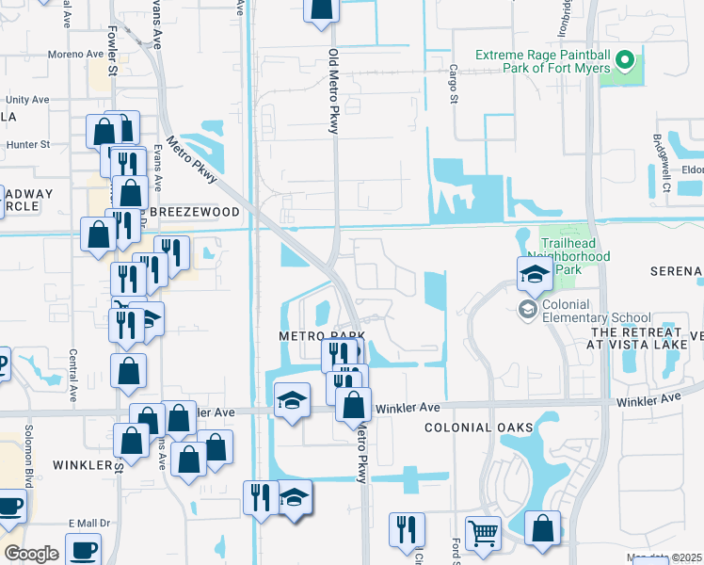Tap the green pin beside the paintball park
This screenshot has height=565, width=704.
point(623,63)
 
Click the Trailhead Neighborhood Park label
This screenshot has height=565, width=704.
point(574,249)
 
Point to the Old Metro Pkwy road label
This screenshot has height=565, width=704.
point(332,91)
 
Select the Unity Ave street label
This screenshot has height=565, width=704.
point(27,100)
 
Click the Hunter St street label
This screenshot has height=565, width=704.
point(27,145)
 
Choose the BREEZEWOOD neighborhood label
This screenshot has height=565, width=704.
point(195,213)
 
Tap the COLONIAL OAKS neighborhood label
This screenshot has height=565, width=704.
point(471,428)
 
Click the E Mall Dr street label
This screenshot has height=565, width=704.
point(89,524)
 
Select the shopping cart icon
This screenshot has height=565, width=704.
point(484,533)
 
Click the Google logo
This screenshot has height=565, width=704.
point(31,554)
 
